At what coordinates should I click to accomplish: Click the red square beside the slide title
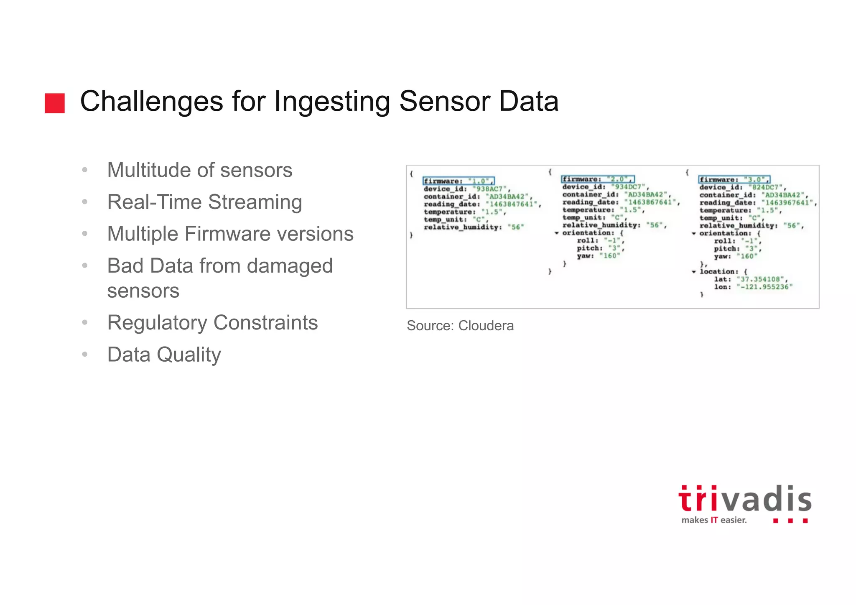[x=55, y=103]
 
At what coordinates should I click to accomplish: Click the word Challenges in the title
[x=151, y=102]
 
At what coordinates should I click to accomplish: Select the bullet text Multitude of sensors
[x=199, y=170]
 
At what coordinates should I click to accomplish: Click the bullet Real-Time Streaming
[x=204, y=202]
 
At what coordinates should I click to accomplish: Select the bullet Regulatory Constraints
[x=212, y=323]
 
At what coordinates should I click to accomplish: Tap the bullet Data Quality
[x=164, y=355]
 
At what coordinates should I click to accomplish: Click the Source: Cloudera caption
[x=460, y=326]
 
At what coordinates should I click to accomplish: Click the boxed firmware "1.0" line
[x=459, y=181]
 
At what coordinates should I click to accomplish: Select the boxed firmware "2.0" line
[x=597, y=179]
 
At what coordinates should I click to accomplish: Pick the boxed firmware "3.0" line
[x=734, y=180]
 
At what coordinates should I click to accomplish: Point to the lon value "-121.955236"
[x=764, y=287]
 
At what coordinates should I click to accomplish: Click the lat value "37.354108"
[x=762, y=279]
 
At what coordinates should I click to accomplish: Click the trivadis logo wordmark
[x=745, y=500]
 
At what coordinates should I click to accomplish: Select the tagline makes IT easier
[x=713, y=520]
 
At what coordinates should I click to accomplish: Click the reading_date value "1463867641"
[x=650, y=202]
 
